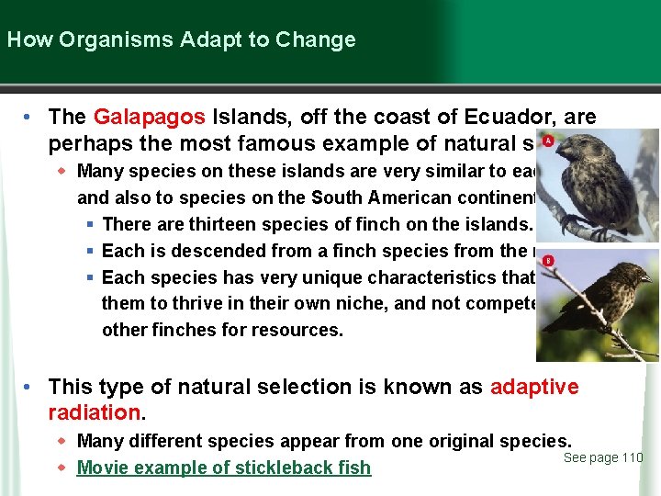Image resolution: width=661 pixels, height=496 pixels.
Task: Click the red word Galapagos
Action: coord(149,118)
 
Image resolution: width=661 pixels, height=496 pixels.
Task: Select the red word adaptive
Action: coord(534,387)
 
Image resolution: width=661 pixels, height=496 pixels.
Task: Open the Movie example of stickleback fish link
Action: coord(224,468)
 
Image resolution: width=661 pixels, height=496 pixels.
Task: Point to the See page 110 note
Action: coord(603,457)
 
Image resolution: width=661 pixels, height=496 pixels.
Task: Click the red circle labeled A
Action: coord(547,141)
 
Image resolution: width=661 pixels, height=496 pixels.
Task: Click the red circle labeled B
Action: coord(547,262)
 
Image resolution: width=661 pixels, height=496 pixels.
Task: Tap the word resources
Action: coord(299,330)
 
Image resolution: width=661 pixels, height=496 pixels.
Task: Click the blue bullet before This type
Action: coord(30,387)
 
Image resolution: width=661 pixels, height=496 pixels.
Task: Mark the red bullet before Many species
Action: coord(62,171)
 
